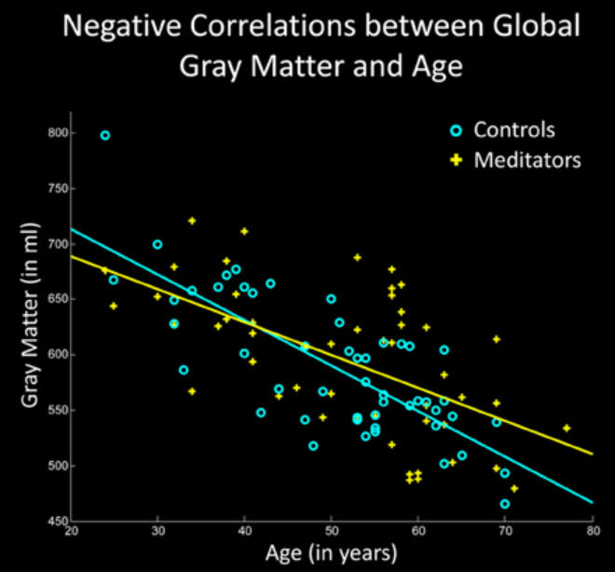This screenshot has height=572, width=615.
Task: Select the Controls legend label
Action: tap(514, 129)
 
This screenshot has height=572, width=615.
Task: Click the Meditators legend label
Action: tap(527, 159)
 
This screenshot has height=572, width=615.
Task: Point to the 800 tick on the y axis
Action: tap(59, 134)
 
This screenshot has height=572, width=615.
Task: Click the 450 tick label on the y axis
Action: tap(59, 521)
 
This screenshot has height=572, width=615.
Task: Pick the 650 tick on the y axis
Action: tap(59, 300)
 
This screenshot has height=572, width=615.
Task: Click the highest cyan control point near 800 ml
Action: tap(105, 135)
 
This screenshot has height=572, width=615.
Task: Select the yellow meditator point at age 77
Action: tap(567, 429)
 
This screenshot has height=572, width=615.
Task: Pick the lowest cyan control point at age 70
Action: tap(505, 504)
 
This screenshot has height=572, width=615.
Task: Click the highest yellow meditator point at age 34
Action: tap(192, 221)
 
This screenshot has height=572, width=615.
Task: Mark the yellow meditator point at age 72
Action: tap(514, 488)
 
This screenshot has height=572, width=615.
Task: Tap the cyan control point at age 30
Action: tap(157, 244)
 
